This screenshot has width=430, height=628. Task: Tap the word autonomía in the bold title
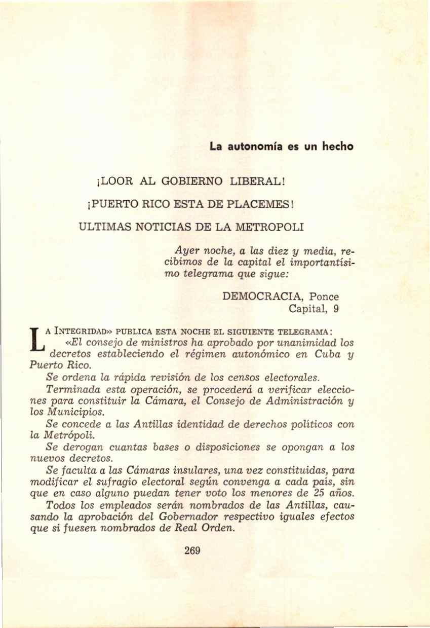click(x=251, y=147)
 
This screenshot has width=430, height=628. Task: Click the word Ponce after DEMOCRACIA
click(x=324, y=297)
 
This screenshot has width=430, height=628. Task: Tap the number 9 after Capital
click(x=336, y=309)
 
